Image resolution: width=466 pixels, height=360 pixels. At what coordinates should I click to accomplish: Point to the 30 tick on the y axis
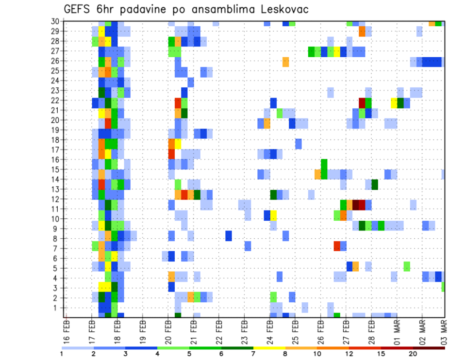point(56,21)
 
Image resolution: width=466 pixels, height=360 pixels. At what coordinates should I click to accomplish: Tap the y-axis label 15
point(56,169)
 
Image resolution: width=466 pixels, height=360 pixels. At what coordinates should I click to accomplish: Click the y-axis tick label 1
point(58,308)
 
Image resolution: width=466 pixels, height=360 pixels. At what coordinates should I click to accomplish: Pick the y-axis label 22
point(56,100)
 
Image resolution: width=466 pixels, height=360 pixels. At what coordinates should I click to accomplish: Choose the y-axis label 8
point(58,239)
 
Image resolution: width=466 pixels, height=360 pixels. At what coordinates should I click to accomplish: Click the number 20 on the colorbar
point(413,354)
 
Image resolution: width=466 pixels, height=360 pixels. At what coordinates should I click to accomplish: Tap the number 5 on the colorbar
point(189,354)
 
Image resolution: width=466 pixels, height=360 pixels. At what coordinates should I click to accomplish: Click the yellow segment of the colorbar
point(269,348)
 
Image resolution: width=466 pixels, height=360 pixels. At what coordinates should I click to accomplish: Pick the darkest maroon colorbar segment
point(429,348)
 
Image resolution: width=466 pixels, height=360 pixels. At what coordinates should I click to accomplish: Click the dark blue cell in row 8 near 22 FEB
point(228,236)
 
